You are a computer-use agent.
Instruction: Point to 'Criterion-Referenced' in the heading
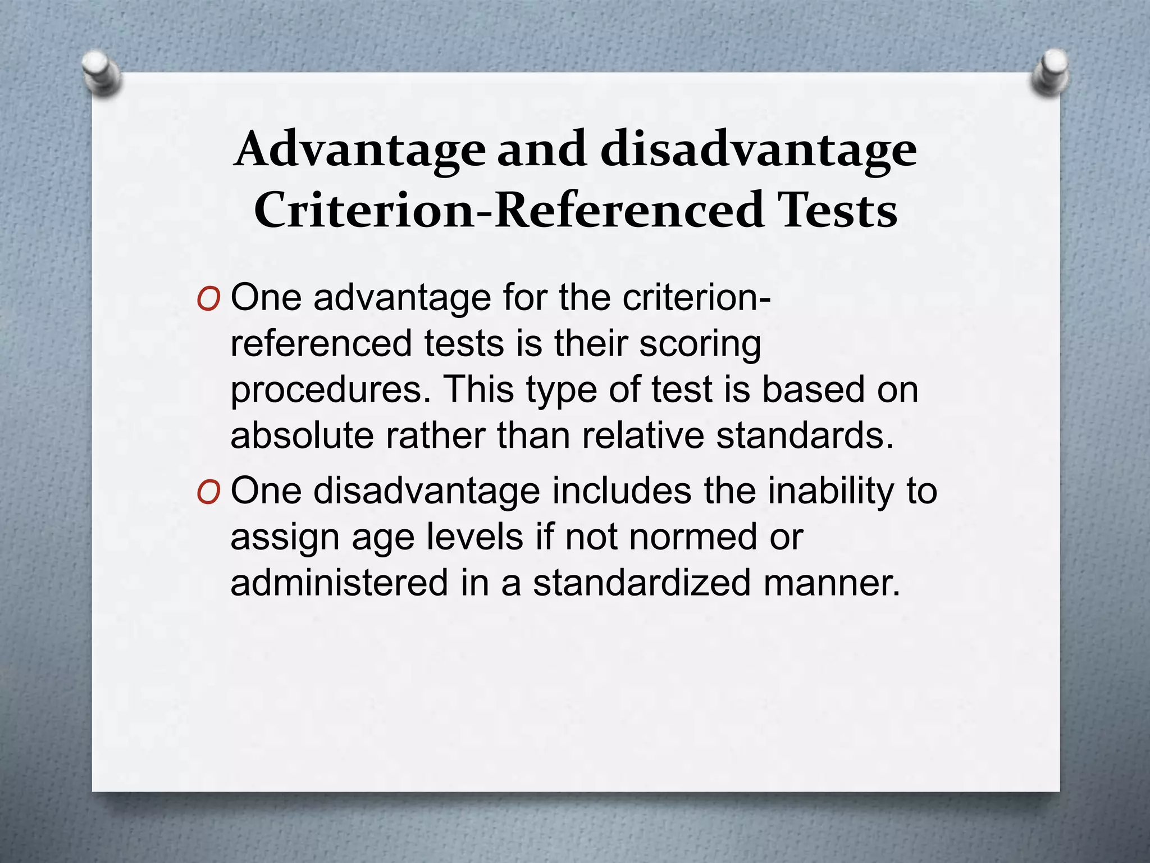point(509,210)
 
